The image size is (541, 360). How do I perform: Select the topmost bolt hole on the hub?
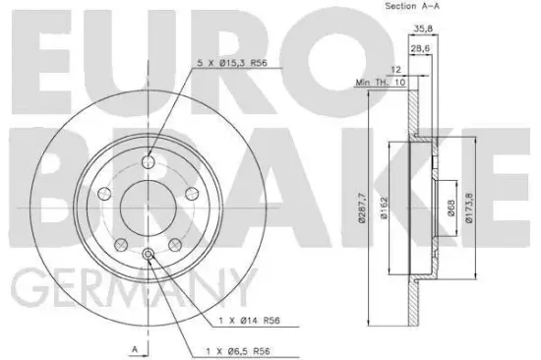click(149, 162)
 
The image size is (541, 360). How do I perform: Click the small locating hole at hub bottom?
click(149, 257)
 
